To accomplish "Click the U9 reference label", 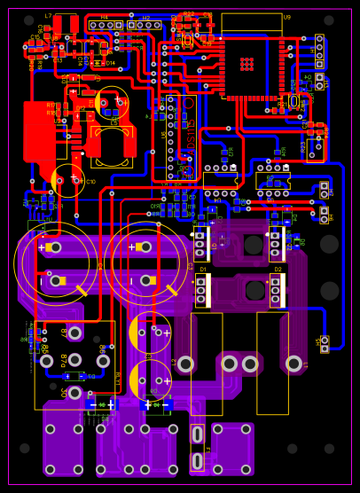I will [x=286, y=17].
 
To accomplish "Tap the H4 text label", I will [x=104, y=17].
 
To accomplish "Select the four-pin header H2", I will [x=143, y=25].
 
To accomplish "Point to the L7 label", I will [x=48, y=16].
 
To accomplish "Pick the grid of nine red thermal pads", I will [x=247, y=64].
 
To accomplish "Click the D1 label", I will [x=202, y=269].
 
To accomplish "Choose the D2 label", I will [x=277, y=269].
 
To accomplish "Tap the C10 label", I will [x=90, y=182].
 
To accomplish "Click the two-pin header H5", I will [x=325, y=343].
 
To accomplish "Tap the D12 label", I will [x=81, y=109].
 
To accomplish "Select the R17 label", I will [x=51, y=105].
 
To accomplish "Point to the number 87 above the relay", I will [x=63, y=331].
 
